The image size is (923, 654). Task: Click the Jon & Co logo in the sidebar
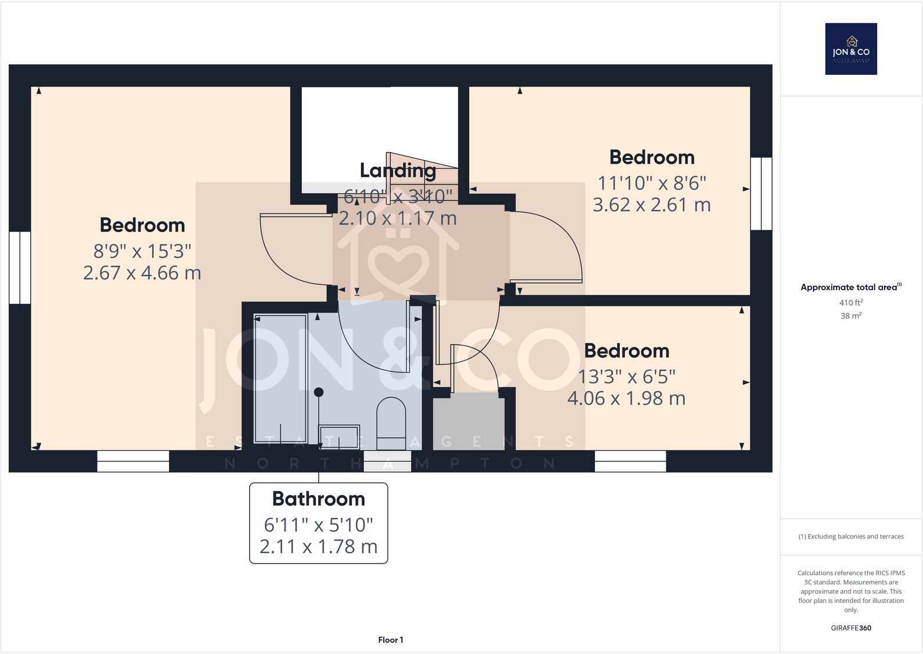coord(851,49)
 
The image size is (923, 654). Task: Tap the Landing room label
coord(398,171)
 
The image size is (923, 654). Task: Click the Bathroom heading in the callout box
coord(319,499)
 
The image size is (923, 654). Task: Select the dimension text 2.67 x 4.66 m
coord(142,273)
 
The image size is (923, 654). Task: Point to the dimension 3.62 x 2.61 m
coord(651,205)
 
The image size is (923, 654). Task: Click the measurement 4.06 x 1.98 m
coord(626,399)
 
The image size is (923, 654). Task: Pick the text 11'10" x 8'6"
coord(652,183)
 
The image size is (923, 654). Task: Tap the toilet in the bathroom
coord(391,424)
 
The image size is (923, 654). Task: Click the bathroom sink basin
coord(339,436)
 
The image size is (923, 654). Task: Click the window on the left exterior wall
coord(20,268)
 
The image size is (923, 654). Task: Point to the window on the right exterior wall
coord(761,193)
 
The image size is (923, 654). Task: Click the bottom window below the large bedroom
coord(133,461)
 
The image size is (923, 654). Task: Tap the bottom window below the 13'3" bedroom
coord(630,461)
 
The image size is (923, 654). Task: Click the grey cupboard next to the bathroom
coord(468,421)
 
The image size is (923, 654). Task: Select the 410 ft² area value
coord(851,302)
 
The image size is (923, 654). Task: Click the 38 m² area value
coord(851,316)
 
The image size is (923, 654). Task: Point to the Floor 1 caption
coord(390,639)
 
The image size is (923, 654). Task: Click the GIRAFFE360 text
coord(851,628)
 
